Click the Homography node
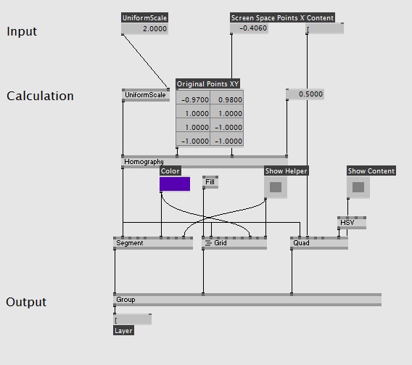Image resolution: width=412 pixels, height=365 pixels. click(x=205, y=162)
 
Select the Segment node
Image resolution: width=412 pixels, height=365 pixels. click(x=153, y=243)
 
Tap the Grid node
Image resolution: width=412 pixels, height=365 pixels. click(x=234, y=243)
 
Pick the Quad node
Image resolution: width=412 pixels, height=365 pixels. click(x=319, y=243)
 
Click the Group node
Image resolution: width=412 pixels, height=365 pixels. click(x=247, y=300)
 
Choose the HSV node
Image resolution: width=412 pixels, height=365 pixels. click(x=352, y=223)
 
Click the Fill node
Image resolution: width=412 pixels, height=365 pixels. click(x=210, y=182)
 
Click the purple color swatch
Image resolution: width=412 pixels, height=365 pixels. click(x=175, y=184)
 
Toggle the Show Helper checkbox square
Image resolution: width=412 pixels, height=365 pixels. click(x=276, y=187)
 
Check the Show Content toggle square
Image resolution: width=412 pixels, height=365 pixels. click(x=358, y=187)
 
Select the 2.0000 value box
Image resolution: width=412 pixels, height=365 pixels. click(x=145, y=28)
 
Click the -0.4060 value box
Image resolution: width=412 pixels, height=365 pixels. click(x=249, y=28)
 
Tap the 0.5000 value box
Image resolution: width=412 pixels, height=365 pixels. click(x=305, y=94)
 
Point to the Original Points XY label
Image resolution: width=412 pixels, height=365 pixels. click(x=208, y=84)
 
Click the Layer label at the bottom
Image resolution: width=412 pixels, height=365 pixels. click(x=123, y=331)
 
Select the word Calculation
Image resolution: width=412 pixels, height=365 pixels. click(x=40, y=97)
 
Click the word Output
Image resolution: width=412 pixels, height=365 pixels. click(x=26, y=303)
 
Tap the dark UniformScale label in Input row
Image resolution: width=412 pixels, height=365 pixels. click(x=145, y=18)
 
